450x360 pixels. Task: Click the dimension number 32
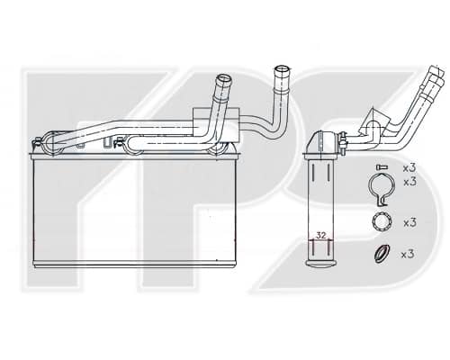click(321, 236)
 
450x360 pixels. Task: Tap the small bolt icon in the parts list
click(382, 166)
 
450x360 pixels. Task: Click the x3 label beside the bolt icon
click(409, 168)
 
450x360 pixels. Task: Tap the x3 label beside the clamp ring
click(410, 182)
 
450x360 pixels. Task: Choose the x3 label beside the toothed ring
click(410, 222)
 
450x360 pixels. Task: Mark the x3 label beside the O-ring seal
click(408, 255)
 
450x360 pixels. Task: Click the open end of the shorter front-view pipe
click(224, 79)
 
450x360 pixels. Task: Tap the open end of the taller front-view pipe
click(283, 69)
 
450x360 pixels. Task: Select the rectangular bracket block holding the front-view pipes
click(216, 125)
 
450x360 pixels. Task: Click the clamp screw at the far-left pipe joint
click(37, 142)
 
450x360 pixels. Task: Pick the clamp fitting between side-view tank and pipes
click(342, 143)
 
